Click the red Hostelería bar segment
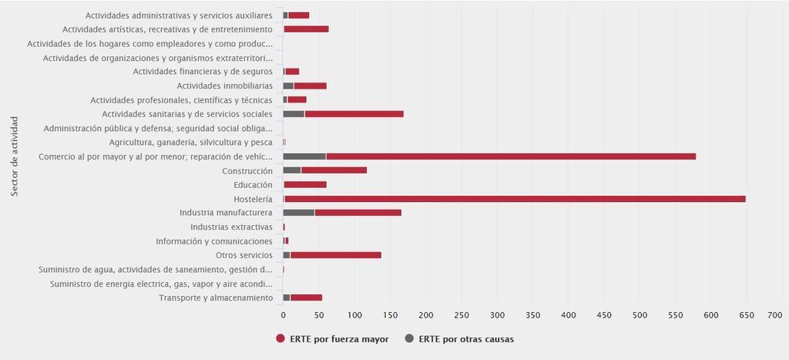(x=515, y=199)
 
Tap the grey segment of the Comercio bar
(x=304, y=156)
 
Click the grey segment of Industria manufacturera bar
(x=299, y=213)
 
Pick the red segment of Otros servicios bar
(x=336, y=255)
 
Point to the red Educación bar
(x=305, y=185)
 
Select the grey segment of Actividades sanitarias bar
(x=294, y=114)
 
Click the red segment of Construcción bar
(x=334, y=170)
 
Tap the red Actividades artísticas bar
(x=307, y=29)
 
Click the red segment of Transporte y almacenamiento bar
(x=307, y=298)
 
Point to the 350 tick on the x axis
(x=533, y=315)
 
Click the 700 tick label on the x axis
(x=775, y=315)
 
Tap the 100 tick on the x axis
(x=354, y=315)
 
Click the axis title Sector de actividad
(x=15, y=156)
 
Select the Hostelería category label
(x=253, y=199)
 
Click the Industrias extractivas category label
(x=231, y=227)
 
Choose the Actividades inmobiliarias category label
(x=224, y=86)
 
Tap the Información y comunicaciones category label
(x=214, y=241)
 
